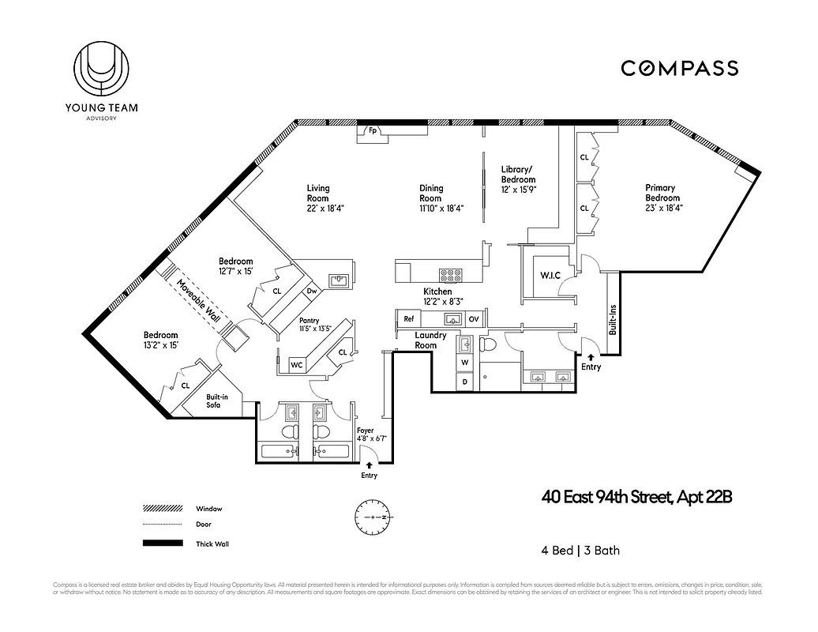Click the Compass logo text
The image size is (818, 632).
click(x=679, y=68)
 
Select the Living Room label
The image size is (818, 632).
click(x=318, y=193)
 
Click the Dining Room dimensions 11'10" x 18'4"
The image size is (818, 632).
click(x=441, y=209)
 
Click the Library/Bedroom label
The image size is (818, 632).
click(x=518, y=175)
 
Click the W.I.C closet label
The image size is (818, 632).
click(x=550, y=275)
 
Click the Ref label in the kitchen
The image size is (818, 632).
click(x=409, y=319)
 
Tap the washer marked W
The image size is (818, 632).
click(x=465, y=363)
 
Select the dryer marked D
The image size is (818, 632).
click(x=465, y=381)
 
